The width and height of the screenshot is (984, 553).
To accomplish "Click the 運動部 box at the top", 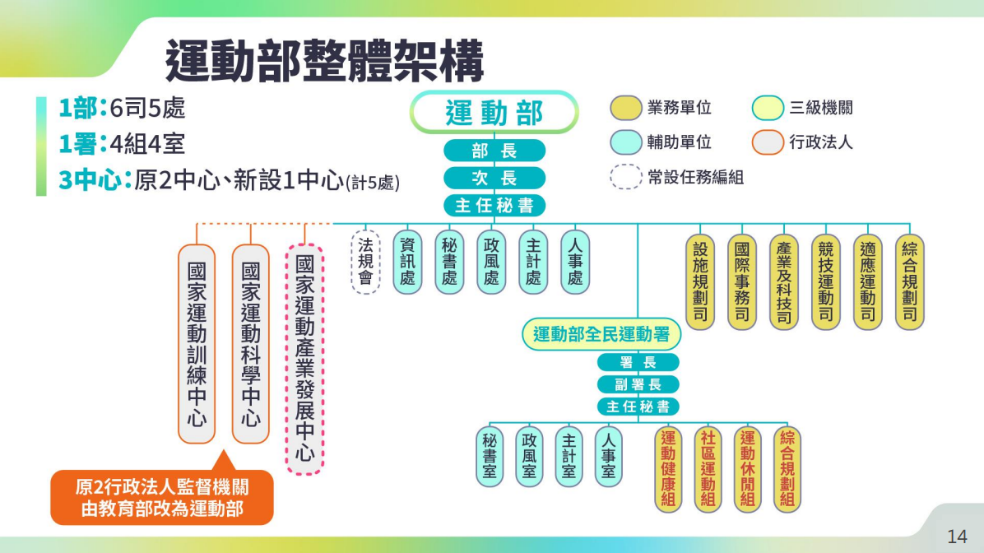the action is pos(494,113).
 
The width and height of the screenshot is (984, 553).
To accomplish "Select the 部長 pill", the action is pos(494,151).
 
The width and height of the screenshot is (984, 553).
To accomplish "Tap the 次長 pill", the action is pos(494,179).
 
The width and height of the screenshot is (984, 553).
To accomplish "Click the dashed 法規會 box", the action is pos(365,262).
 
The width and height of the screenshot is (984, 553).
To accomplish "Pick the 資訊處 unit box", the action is pos(407,262).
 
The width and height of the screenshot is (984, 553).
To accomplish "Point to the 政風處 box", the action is pos(491,262).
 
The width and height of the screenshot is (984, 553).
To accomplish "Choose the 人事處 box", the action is pos(575,262).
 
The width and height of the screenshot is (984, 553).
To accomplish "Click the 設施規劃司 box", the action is pos(700,281).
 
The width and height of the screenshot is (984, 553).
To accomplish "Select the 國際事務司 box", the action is pos(742,281).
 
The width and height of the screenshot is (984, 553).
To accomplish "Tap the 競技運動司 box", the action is pos(826,281).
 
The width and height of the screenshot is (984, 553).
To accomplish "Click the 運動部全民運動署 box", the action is pos(601,335).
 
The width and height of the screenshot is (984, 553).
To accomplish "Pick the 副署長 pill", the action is pos(638,384).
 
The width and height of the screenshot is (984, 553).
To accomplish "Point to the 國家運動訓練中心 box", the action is pos(197,344).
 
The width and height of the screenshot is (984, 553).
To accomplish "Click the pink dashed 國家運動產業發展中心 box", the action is pos(305,359).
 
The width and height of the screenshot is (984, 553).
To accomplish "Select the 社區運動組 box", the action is pos(708,469).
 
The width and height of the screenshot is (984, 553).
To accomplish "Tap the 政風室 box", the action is pos(529,457).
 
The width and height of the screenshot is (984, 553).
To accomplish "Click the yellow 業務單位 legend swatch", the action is pos(625,108).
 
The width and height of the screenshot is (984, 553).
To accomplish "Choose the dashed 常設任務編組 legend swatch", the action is pos(625,177).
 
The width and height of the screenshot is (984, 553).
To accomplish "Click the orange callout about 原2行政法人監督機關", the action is pos(162,496).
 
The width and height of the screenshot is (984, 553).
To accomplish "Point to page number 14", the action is pos(957,537).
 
